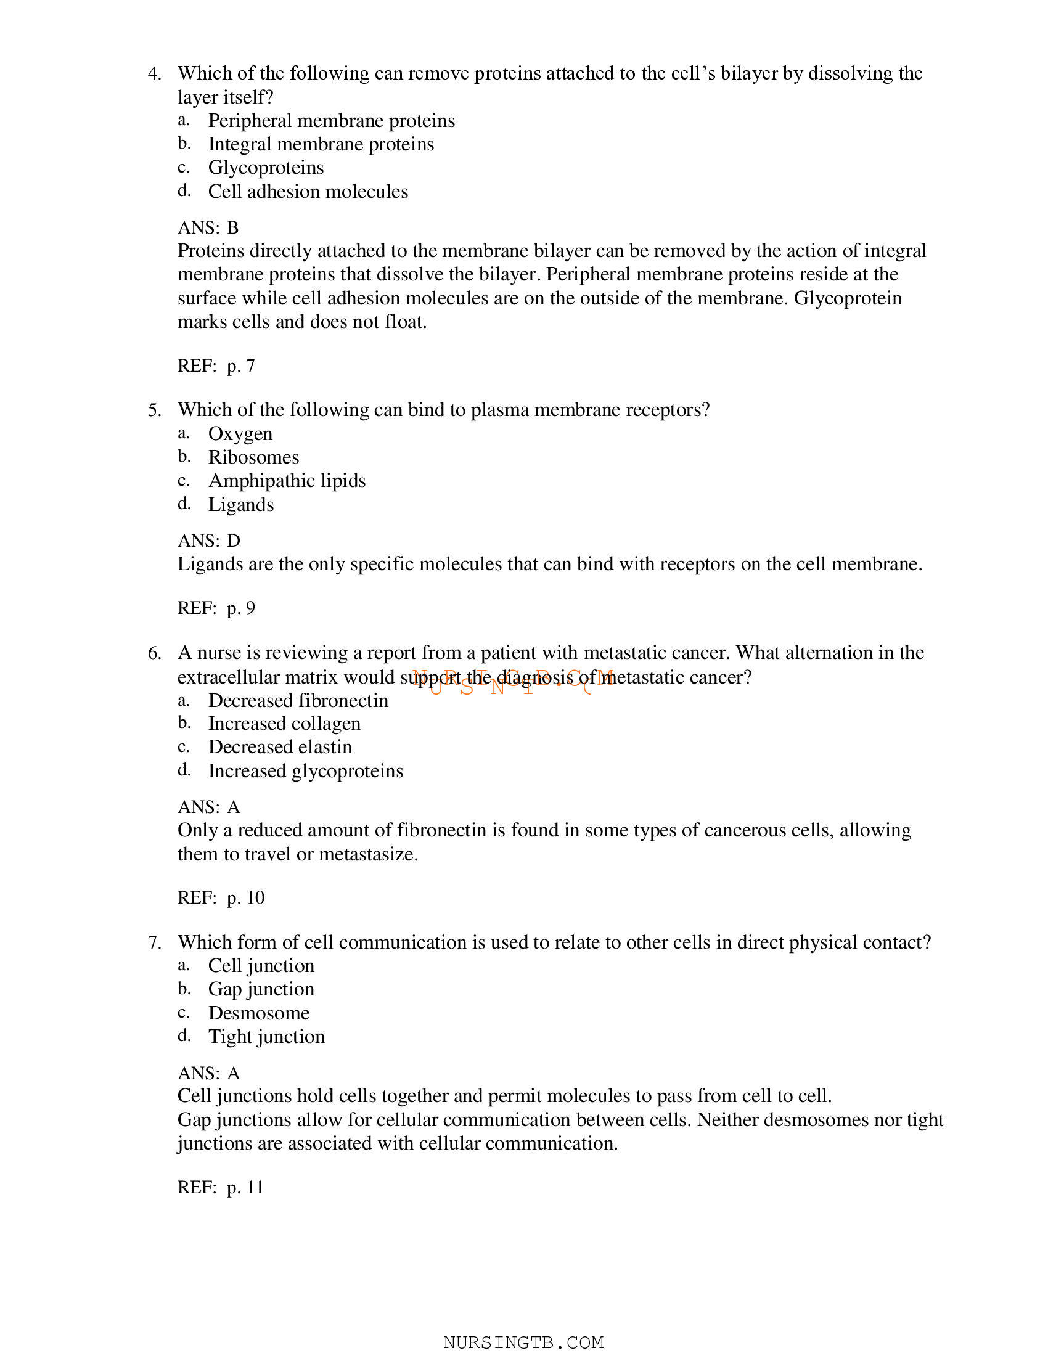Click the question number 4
[154, 74]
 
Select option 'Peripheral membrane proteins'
[331, 120]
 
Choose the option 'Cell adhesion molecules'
[308, 192]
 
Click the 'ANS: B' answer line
[208, 228]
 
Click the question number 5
[154, 410]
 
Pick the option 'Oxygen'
[240, 434]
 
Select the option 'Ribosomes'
[253, 457]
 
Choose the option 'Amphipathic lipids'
[287, 481]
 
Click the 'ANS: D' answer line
[208, 541]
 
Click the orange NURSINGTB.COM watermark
[513, 682]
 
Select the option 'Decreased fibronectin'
[298, 701]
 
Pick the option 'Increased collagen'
[284, 724]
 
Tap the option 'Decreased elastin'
[280, 748]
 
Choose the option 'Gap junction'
[261, 990]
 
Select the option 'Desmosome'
[258, 1013]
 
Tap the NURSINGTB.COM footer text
[523, 1342]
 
